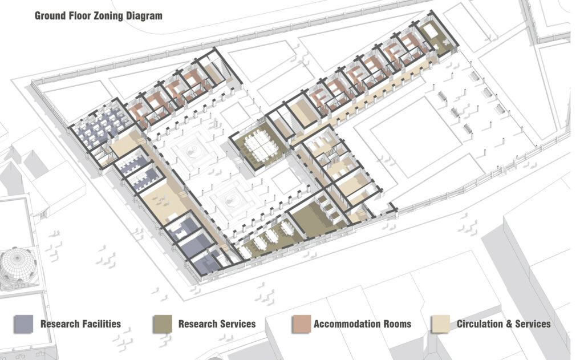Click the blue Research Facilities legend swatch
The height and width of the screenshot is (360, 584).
23,324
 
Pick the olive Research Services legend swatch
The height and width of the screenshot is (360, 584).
163,324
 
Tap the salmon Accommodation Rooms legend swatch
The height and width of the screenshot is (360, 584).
302,324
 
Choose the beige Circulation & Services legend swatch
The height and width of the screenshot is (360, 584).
441,324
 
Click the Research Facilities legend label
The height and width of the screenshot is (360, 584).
81,324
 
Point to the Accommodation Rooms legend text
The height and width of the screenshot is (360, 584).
362,324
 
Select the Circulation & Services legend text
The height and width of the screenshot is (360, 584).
504,324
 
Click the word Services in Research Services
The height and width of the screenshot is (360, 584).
236,324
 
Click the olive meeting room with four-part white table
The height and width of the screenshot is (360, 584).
259,145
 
